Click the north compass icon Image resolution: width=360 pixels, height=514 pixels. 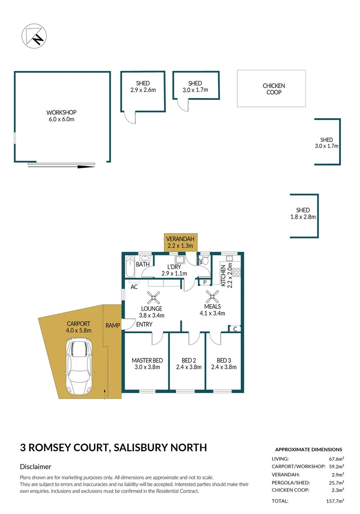[33, 36]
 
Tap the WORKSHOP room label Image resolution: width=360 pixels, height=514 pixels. [61, 116]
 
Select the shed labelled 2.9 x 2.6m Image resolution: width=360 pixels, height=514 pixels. [143, 87]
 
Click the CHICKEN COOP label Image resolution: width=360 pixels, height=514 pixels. [274, 89]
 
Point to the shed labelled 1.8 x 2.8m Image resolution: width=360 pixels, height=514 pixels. [303, 213]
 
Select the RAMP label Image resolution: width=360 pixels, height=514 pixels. [113, 326]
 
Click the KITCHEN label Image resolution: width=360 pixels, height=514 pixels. [226, 274]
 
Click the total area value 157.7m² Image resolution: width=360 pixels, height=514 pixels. [334, 501]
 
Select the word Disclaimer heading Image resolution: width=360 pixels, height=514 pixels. [36, 467]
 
